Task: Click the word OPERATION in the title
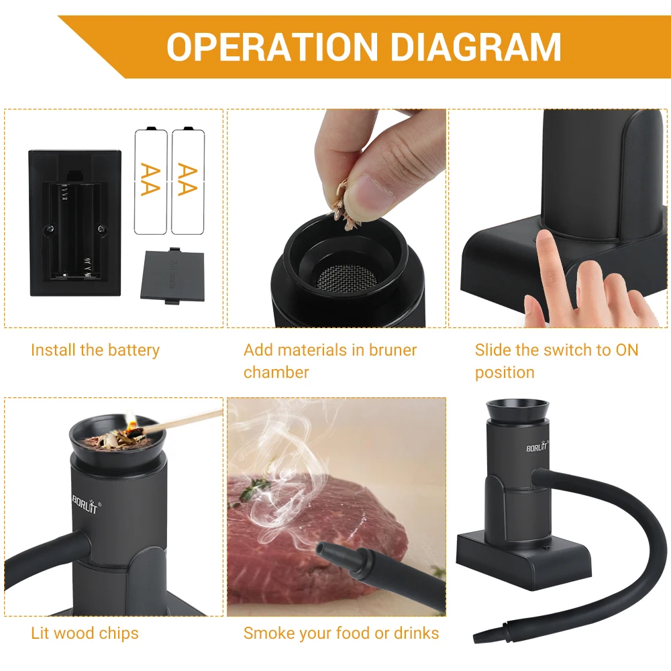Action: point(272,47)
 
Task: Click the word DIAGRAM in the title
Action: point(475,47)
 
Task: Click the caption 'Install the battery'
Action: point(95,350)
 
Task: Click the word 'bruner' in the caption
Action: point(393,350)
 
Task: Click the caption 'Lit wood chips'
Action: point(85,633)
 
